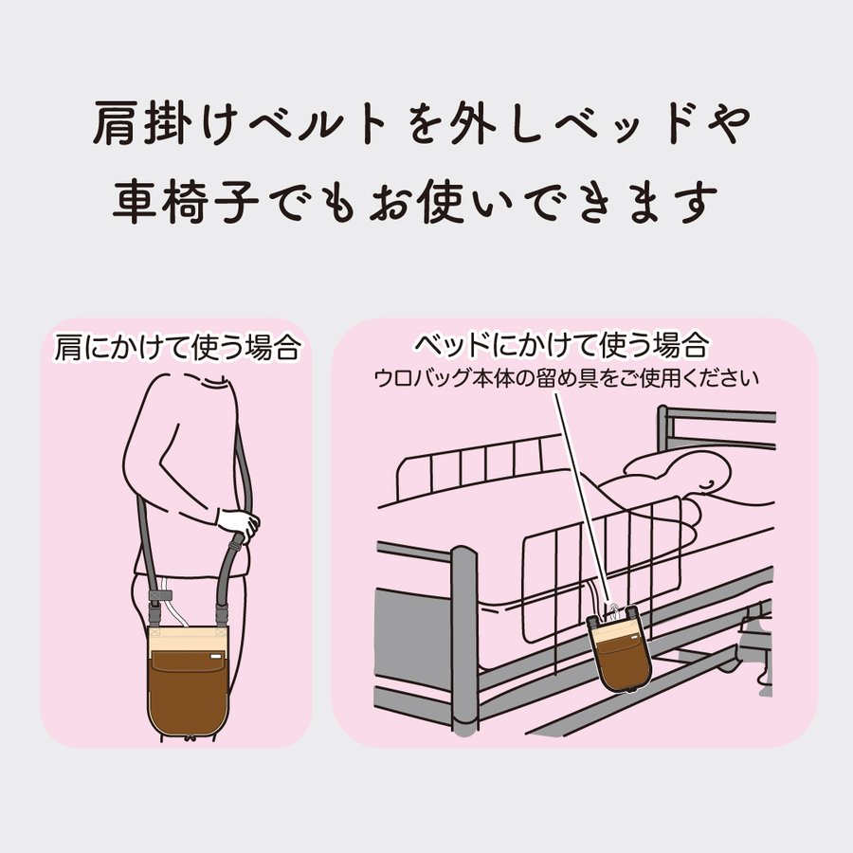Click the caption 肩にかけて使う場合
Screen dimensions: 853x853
point(177,348)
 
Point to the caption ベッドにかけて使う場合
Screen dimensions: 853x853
point(574,342)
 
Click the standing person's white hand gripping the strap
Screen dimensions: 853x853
point(237,524)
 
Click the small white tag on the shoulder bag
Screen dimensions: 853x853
point(217,655)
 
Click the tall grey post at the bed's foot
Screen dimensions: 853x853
point(464,644)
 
